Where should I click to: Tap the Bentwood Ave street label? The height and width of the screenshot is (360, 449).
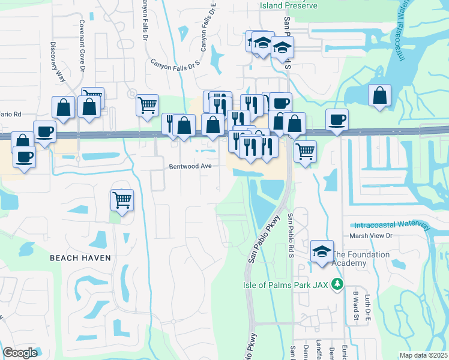190,166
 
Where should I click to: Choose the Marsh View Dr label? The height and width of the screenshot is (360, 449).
370,236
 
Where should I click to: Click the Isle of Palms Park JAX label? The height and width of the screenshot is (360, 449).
294,284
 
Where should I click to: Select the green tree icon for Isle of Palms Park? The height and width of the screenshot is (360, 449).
339,284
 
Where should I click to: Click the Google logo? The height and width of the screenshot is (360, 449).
20,353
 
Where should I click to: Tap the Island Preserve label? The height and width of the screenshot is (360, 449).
288,5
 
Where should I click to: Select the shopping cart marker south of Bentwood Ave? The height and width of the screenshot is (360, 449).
122,200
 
